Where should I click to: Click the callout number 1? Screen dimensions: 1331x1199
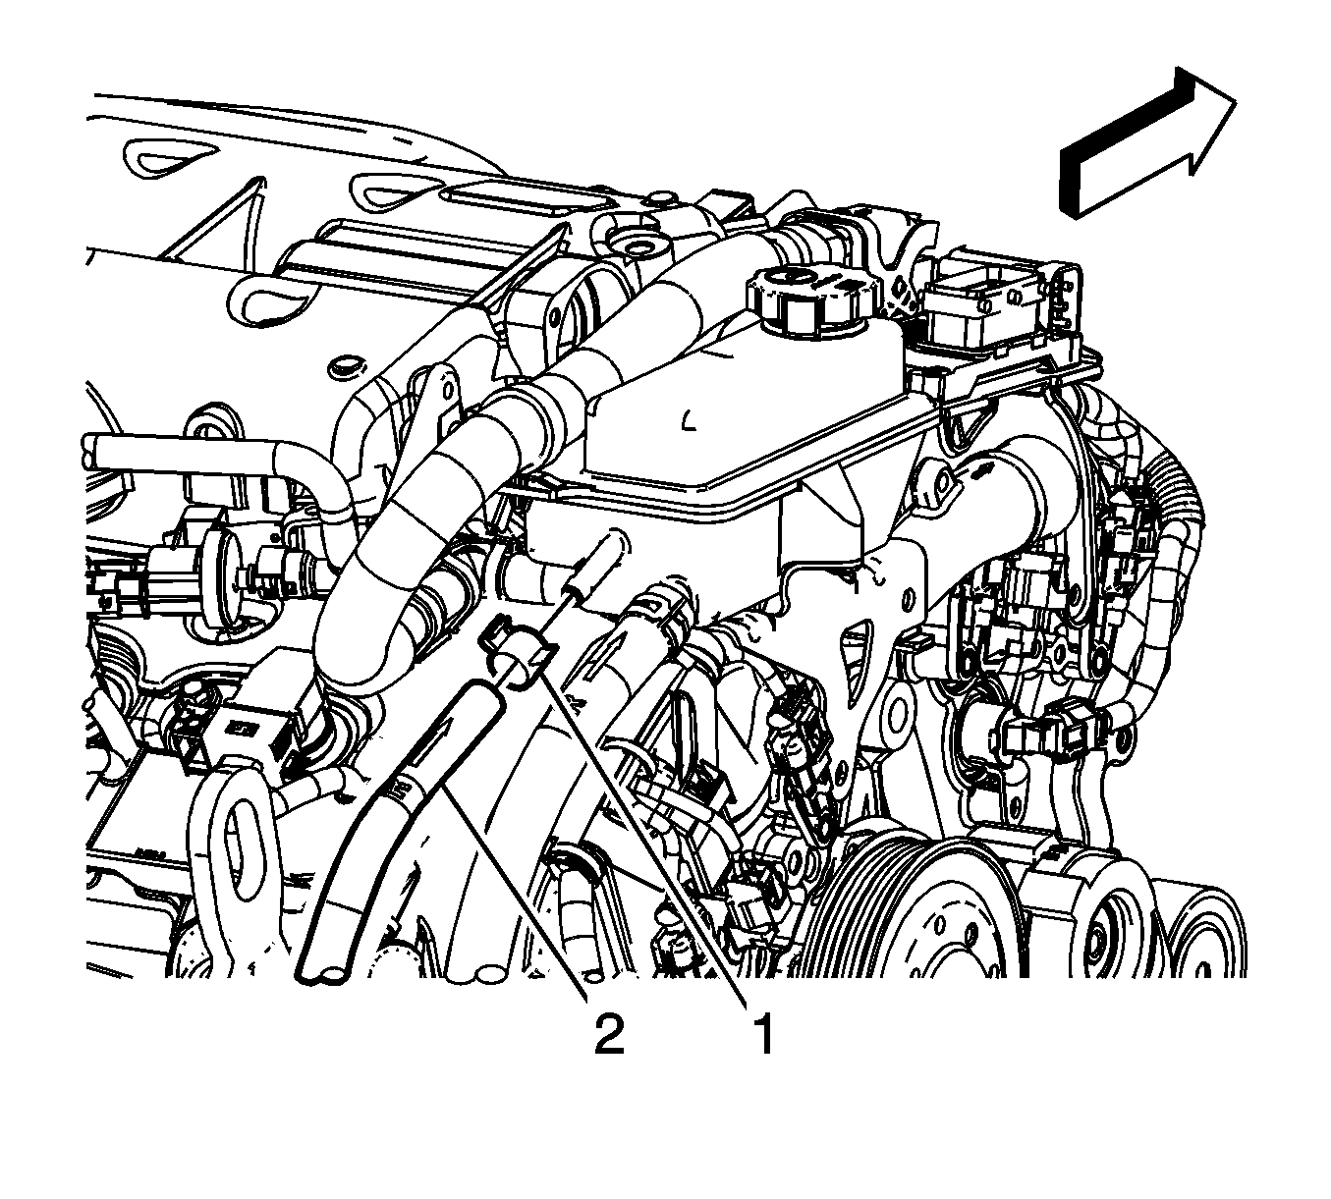pos(765,1034)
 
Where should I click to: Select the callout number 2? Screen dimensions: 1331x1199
pos(608,1034)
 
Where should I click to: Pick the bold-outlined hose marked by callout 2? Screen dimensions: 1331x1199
pos(398,830)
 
